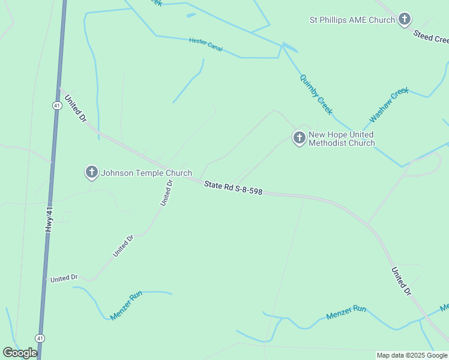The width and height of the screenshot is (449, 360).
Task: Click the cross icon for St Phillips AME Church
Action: [405, 20]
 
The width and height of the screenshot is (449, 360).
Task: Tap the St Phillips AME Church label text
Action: [352, 20]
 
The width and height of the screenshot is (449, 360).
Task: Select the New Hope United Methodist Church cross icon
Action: [299, 139]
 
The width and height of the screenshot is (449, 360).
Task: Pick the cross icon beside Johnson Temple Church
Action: [91, 173]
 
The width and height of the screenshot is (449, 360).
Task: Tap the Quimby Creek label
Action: [316, 95]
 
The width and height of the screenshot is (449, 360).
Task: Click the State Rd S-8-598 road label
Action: [233, 188]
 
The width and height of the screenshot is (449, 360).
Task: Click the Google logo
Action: [20, 353]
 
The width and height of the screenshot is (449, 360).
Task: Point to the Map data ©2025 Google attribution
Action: [412, 355]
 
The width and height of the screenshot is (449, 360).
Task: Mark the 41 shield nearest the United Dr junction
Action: [56, 105]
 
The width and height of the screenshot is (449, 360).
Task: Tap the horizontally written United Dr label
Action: [64, 278]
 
